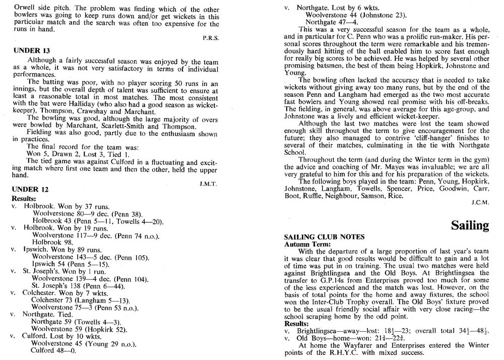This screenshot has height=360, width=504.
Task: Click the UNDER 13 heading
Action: (x=28, y=50)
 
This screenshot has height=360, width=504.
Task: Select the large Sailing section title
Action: (x=470, y=225)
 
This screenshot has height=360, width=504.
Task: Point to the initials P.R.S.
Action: (x=210, y=37)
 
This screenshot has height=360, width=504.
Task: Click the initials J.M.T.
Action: (x=209, y=184)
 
